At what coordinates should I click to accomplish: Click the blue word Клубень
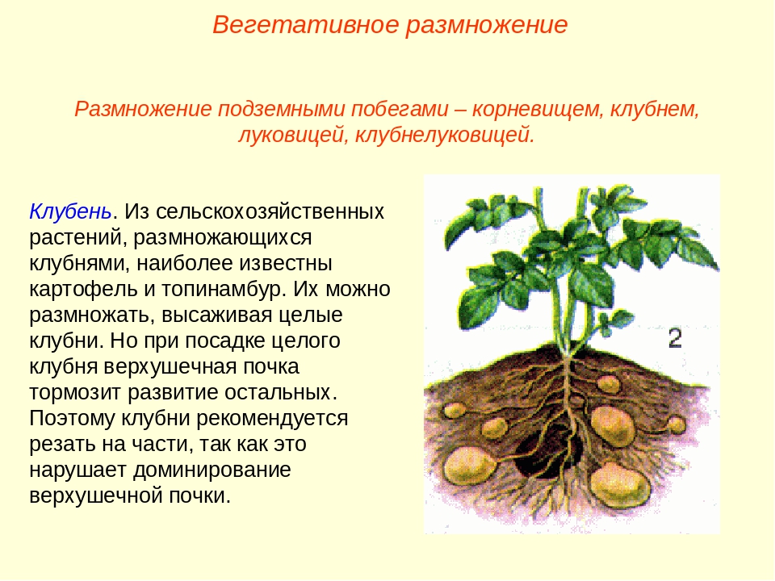71,211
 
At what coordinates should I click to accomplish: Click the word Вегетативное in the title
305,24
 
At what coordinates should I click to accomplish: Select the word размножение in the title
487,26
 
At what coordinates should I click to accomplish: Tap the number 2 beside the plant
675,339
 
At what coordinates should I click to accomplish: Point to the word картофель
83,289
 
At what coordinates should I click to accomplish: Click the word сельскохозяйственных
270,211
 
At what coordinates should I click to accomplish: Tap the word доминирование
212,470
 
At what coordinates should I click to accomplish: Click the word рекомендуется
272,419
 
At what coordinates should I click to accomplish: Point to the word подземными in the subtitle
283,109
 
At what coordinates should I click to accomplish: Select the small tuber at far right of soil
676,424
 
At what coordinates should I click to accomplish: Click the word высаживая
217,315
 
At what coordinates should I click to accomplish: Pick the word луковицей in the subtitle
291,135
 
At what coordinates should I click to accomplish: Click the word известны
285,263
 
